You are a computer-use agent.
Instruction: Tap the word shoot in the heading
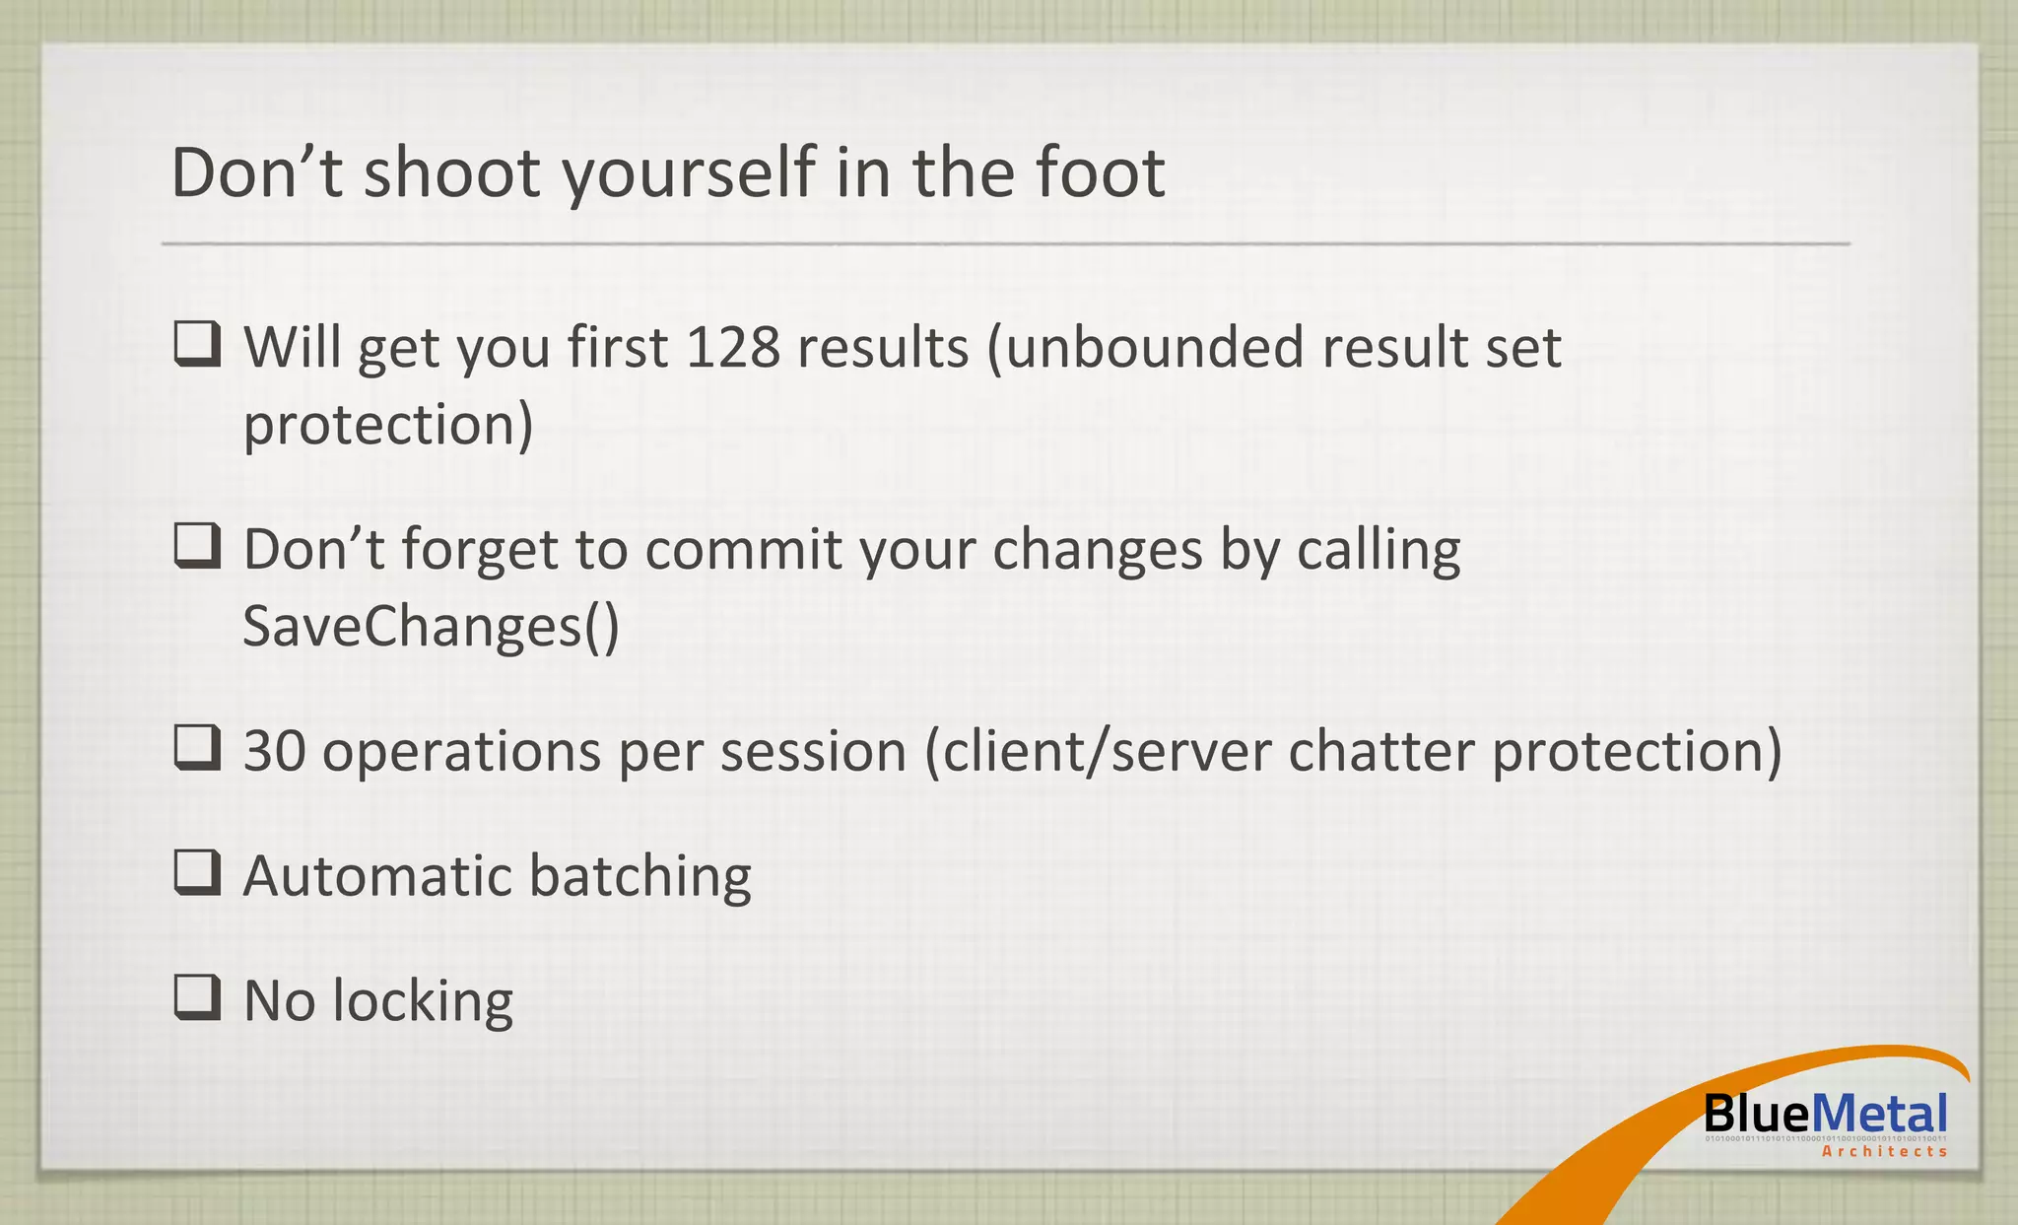(451, 173)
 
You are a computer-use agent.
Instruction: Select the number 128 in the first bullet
(733, 348)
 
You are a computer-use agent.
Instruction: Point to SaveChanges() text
(431, 627)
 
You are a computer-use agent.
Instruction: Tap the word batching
(639, 876)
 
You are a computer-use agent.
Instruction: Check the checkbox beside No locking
(196, 997)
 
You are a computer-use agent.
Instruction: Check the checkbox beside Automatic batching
(196, 872)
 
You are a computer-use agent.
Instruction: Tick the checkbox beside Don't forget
(196, 546)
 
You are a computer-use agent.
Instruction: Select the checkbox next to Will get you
(196, 345)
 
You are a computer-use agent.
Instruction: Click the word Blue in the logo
(1756, 1115)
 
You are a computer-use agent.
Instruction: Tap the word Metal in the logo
(1879, 1115)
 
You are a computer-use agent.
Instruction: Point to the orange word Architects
(1884, 1152)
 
